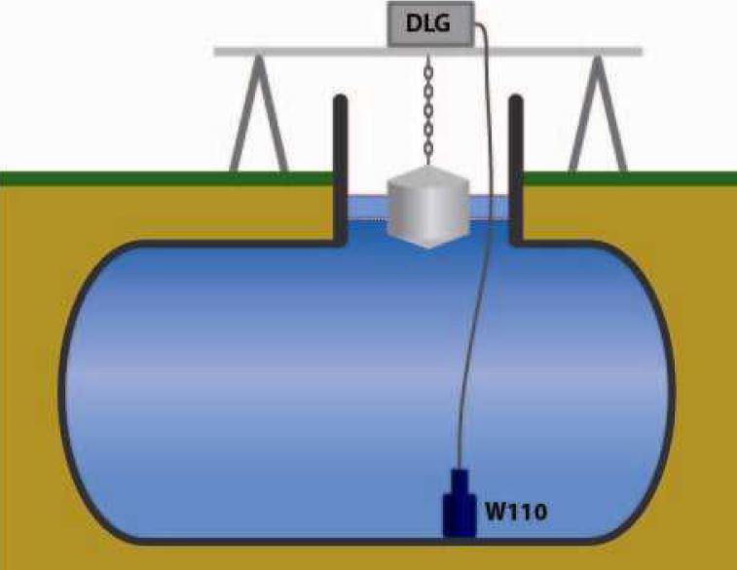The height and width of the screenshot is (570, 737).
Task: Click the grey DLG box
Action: click(x=428, y=24)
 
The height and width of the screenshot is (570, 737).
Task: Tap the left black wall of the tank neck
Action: click(x=341, y=166)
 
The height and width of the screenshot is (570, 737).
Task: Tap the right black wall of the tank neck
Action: click(x=516, y=166)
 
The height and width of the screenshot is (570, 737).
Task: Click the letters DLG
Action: click(x=428, y=24)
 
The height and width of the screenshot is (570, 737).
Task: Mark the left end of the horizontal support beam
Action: click(x=220, y=50)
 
